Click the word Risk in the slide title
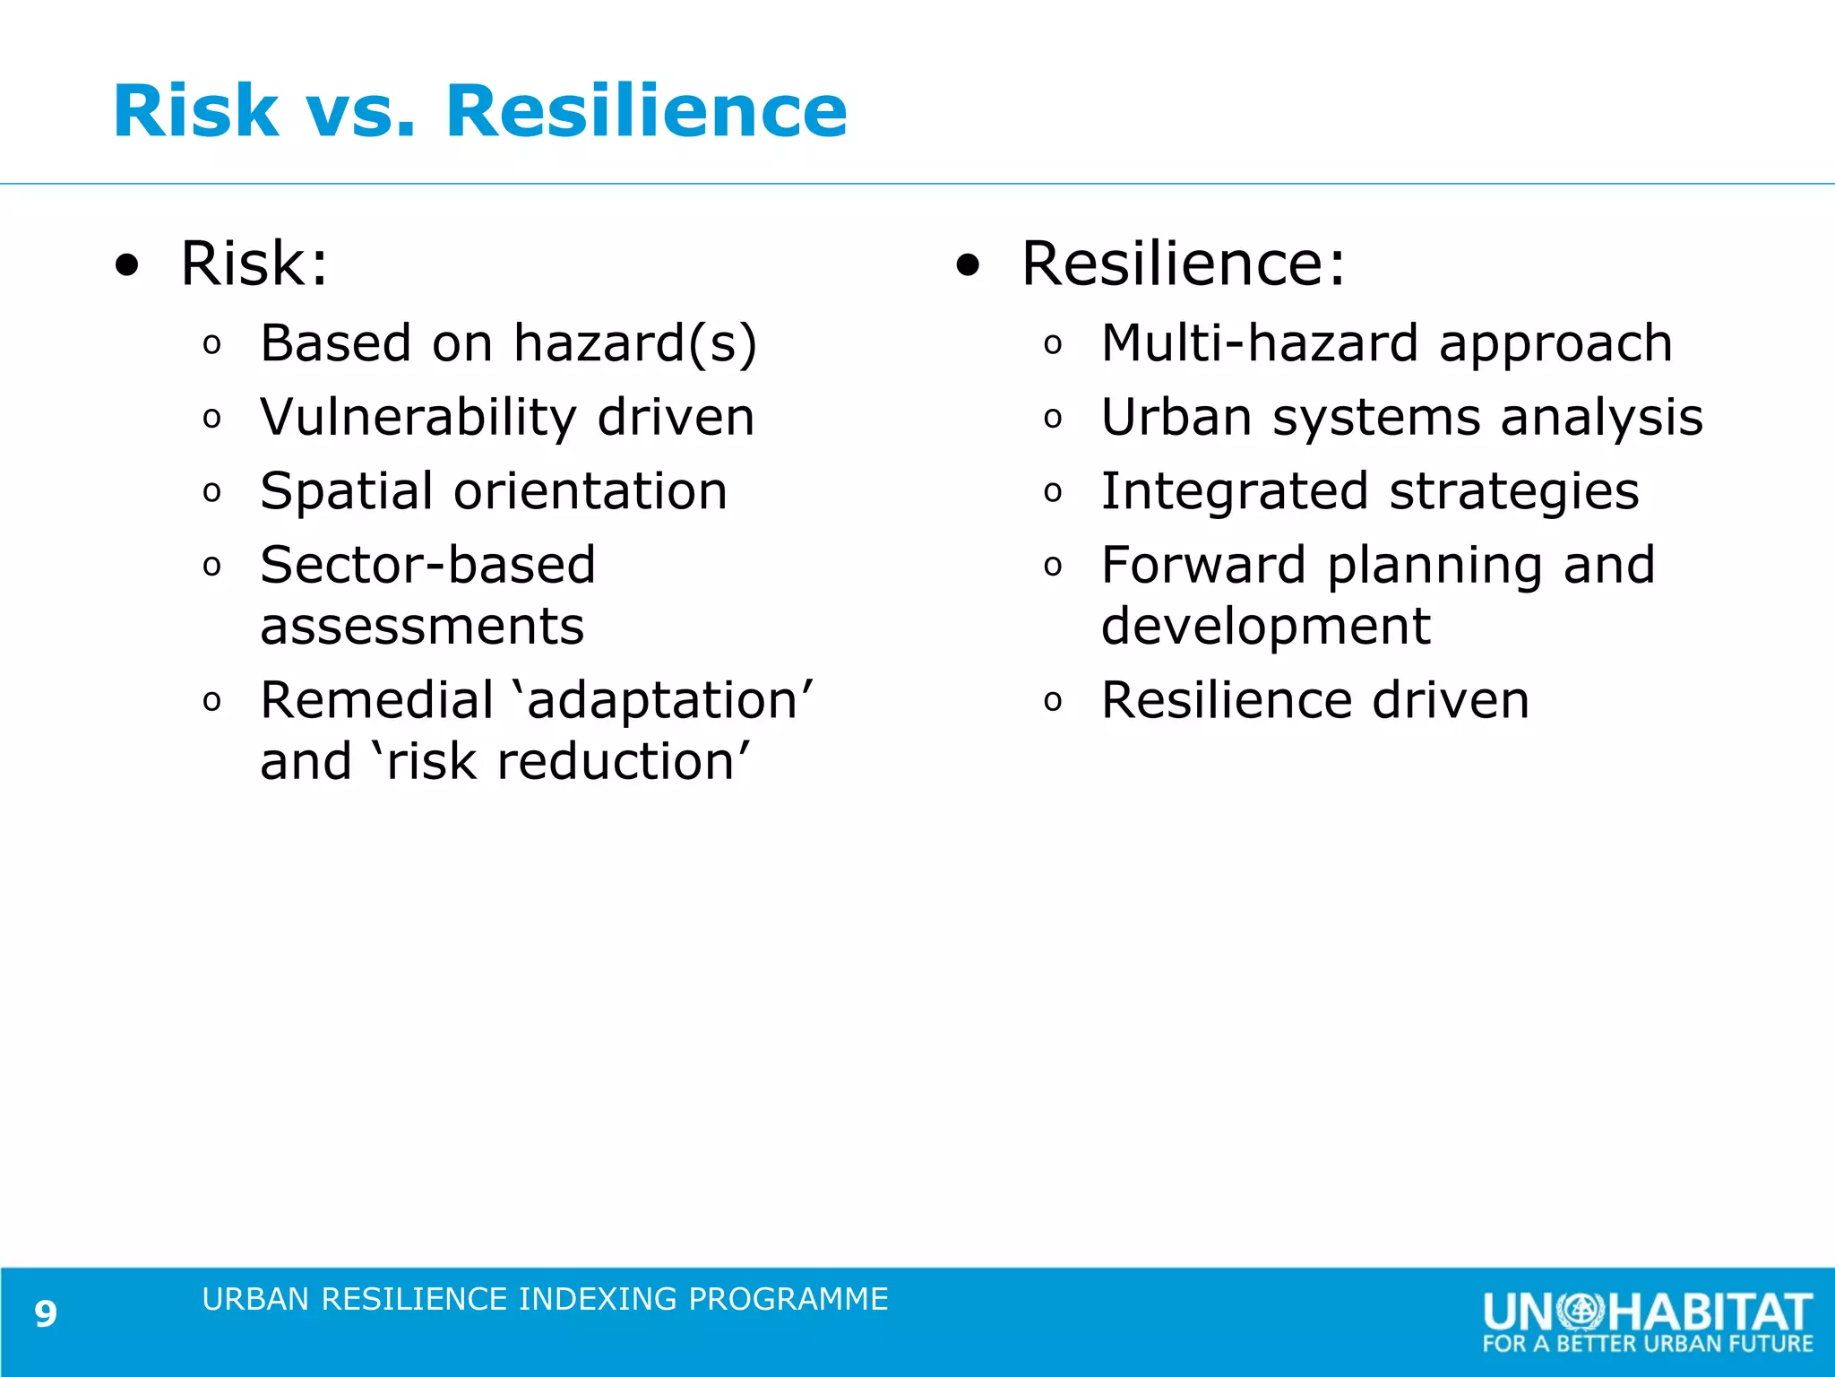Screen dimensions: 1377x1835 pyautogui.click(x=195, y=111)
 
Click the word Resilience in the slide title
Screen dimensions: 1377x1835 pyautogui.click(x=645, y=111)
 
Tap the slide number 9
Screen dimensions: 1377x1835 pyautogui.click(x=46, y=1314)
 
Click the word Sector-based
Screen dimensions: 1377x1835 pyautogui.click(x=427, y=565)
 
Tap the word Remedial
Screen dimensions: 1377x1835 pyautogui.click(x=376, y=700)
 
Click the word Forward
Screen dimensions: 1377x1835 pyautogui.click(x=1202, y=565)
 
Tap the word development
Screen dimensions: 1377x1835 pyautogui.click(x=1265, y=627)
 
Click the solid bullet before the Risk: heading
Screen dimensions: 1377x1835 pyautogui.click(x=127, y=265)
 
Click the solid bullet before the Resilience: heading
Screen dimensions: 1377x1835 pyautogui.click(x=968, y=265)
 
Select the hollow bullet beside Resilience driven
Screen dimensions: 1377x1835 pyautogui.click(x=1053, y=702)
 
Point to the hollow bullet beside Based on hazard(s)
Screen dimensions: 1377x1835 pyautogui.click(x=211, y=345)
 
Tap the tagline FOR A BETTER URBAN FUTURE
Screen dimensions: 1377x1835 pyautogui.click(x=1647, y=1344)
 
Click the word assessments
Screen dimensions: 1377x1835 pyautogui.click(x=422, y=627)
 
